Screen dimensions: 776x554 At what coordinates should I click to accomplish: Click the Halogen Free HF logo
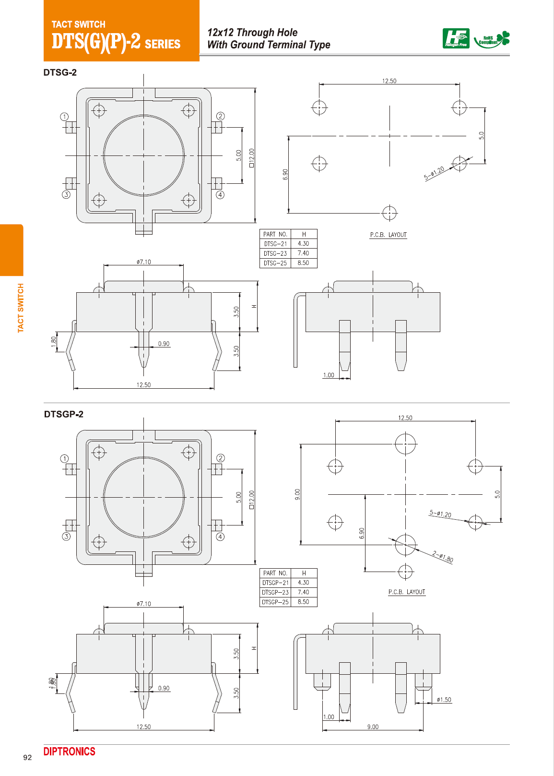coord(456,38)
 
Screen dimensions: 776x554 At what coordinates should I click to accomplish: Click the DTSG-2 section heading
coord(60,72)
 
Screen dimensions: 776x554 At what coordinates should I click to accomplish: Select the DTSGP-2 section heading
coord(64,414)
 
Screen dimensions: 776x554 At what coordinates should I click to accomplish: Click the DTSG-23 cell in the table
coord(275,253)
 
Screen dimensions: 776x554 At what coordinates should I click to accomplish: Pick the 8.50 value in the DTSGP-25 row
coord(303,602)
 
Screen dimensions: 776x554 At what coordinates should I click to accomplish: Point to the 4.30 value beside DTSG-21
coord(303,244)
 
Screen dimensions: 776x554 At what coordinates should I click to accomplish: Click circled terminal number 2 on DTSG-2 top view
coord(220,116)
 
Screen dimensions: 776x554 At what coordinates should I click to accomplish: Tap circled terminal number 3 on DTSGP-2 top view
coord(66,537)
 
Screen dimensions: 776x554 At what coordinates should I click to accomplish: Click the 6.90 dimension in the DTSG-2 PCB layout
coord(285,174)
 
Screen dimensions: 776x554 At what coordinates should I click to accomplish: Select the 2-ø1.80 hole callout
coord(442,557)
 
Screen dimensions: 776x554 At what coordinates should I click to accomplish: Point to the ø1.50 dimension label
coord(444,700)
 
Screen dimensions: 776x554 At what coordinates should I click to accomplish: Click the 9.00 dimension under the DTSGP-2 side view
coord(373,727)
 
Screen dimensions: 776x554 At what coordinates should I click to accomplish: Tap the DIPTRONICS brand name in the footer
coord(70,752)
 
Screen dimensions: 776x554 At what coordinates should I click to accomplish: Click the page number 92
coord(27,758)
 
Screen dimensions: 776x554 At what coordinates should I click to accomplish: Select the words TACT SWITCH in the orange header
coord(78,24)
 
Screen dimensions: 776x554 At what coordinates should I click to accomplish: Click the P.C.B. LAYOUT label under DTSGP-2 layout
coord(407,592)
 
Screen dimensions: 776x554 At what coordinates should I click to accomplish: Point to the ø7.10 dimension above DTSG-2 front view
coord(143,262)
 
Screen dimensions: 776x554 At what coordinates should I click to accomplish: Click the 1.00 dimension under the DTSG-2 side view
coord(329,375)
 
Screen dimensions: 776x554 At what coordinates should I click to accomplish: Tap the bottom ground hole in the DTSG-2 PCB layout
coord(389,213)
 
